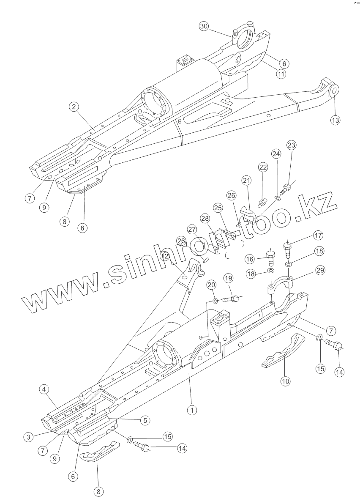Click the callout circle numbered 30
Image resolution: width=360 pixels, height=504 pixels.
(x=204, y=26)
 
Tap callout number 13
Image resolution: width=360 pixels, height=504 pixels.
(x=335, y=120)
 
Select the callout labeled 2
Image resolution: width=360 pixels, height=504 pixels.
(x=74, y=107)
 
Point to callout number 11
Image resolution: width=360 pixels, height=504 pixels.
(x=280, y=74)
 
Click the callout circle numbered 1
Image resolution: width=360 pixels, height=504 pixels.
(x=192, y=410)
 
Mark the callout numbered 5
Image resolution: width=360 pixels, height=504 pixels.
(x=145, y=420)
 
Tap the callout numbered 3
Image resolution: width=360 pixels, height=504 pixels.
(x=28, y=437)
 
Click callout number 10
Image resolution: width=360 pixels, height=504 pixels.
(x=286, y=381)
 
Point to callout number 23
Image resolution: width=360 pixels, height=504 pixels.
(x=292, y=145)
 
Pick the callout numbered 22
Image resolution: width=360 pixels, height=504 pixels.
(x=263, y=167)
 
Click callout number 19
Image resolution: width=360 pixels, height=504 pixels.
(x=228, y=278)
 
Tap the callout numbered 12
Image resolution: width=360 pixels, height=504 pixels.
(x=165, y=256)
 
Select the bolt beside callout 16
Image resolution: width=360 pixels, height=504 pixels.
(x=270, y=257)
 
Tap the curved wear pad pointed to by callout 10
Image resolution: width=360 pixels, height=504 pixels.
(x=281, y=351)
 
